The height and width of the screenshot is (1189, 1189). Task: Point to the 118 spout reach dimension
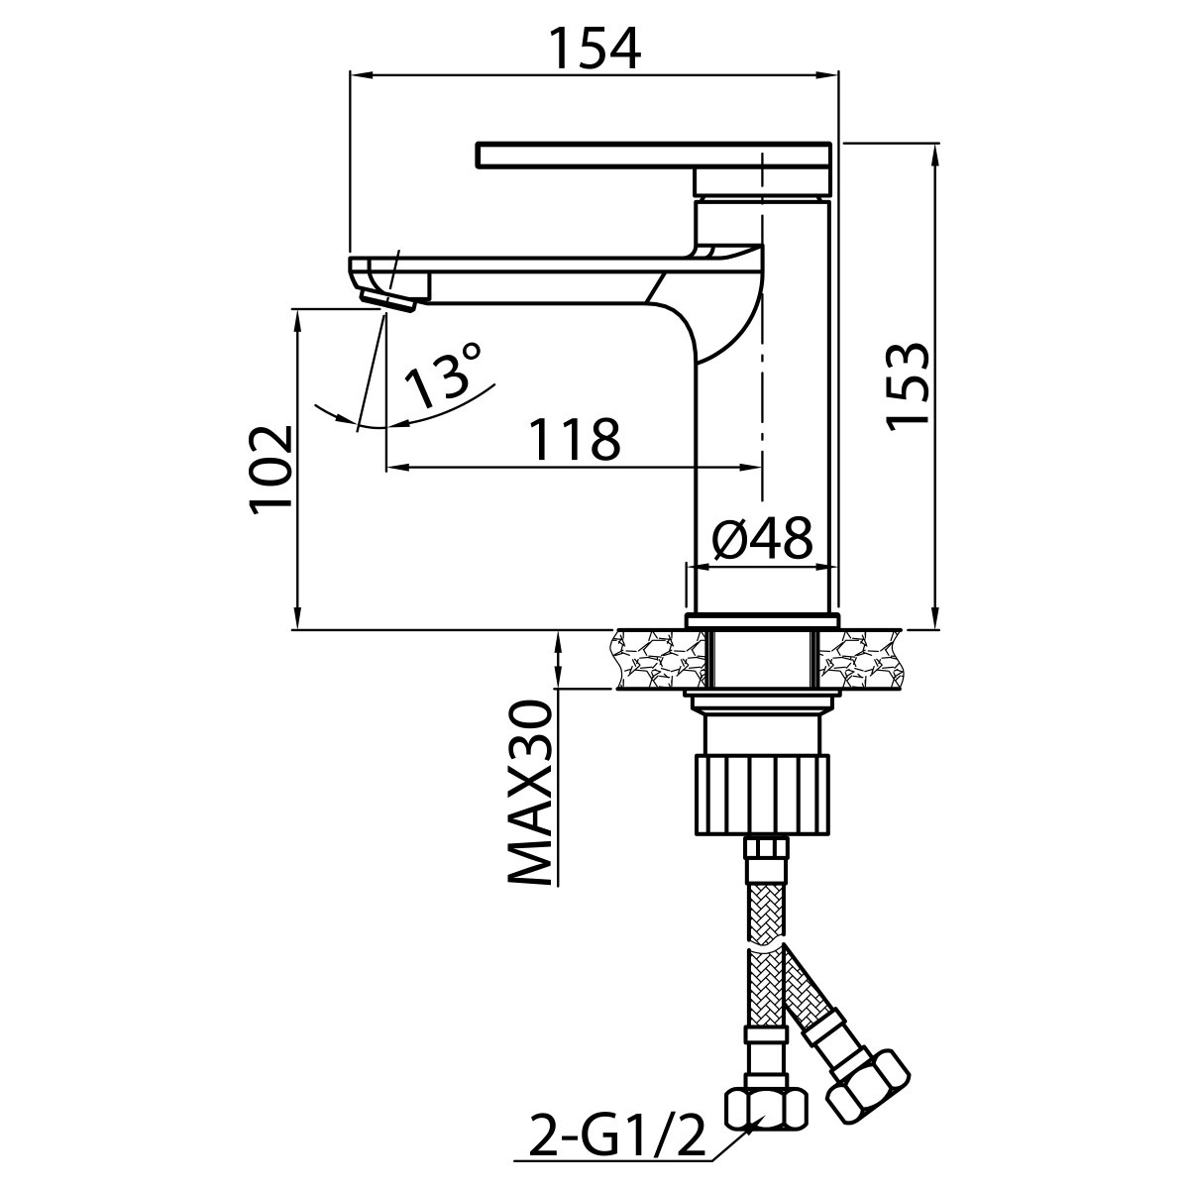pyautogui.click(x=575, y=439)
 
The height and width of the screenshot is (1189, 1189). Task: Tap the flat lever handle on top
pyautogui.click(x=654, y=155)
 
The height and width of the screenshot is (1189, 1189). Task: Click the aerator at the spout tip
pyautogui.click(x=388, y=303)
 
